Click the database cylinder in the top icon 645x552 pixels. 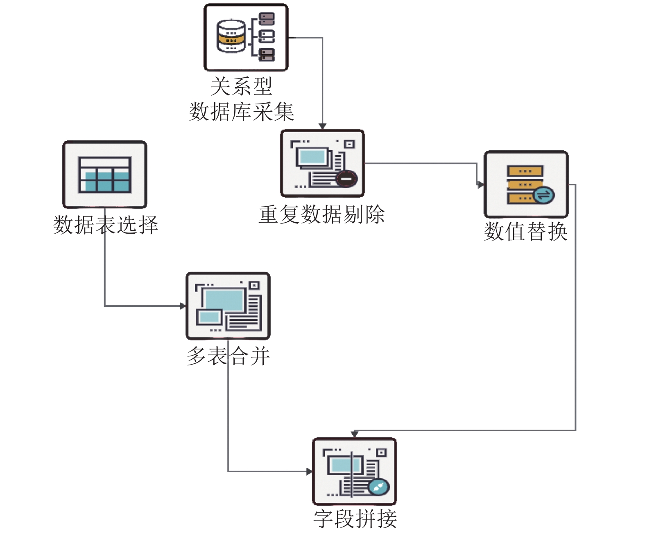[x=231, y=36]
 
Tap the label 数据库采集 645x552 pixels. [x=242, y=112]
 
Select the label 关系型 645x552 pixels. [x=242, y=86]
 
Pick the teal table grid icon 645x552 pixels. [x=104, y=175]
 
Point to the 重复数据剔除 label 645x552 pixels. [x=322, y=214]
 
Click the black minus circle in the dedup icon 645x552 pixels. [x=346, y=179]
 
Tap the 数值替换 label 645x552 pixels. [x=526, y=232]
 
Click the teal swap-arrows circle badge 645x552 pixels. [x=544, y=195]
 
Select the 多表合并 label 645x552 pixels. [x=228, y=356]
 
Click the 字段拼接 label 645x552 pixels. [x=355, y=519]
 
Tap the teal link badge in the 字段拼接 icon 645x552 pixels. [x=379, y=487]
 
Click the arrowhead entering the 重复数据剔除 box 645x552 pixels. [x=322, y=126]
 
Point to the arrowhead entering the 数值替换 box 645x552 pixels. [x=480, y=185]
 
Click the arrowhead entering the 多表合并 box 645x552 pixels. [x=183, y=306]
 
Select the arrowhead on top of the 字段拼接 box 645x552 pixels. [x=355, y=434]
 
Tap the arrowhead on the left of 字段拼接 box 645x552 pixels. [x=310, y=471]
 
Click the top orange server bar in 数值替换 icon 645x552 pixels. [x=525, y=171]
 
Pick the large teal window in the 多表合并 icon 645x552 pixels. [x=224, y=300]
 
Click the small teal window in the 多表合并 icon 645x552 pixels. [x=209, y=317]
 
